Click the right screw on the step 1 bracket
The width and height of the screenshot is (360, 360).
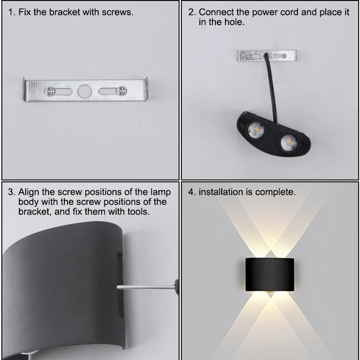click(121, 91)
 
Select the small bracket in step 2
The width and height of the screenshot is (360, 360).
click(262, 56)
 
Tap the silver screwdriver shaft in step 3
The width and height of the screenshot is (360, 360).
click(144, 287)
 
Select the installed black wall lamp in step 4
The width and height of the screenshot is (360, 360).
click(269, 274)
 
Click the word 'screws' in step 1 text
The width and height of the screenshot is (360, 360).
click(118, 12)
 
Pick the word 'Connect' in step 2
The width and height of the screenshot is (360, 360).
click(216, 12)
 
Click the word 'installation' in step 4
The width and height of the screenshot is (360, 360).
click(221, 192)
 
